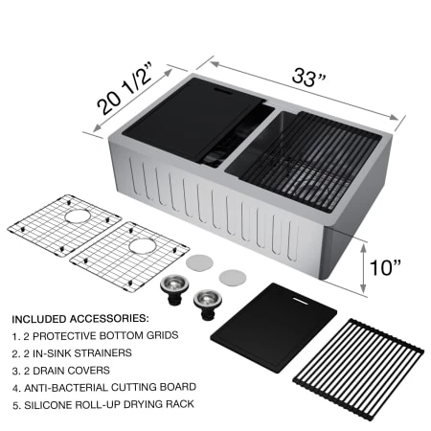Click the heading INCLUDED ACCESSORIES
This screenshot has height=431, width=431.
pyautogui.click(x=79, y=317)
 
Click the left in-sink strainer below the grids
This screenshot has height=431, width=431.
pyautogui.click(x=172, y=288)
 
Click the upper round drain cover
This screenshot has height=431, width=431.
pyautogui.click(x=199, y=260)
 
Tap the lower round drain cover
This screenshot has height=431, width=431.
pyautogui.click(x=232, y=277)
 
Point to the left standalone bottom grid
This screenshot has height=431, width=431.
pyautogui.click(x=49, y=229)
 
